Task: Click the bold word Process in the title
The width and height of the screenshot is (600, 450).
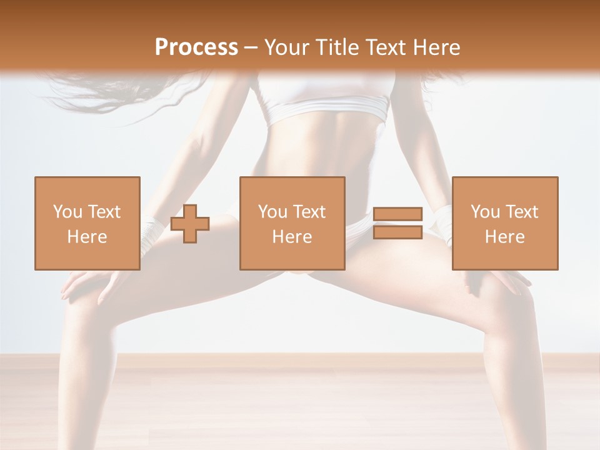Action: click(x=196, y=47)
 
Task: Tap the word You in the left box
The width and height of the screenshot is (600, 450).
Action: click(x=67, y=212)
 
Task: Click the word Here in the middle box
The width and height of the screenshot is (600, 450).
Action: click(x=292, y=237)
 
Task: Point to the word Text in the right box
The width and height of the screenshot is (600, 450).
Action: click(x=521, y=212)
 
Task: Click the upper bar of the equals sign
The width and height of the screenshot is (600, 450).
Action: click(x=397, y=214)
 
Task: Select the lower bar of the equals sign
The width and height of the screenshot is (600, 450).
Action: click(x=397, y=232)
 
